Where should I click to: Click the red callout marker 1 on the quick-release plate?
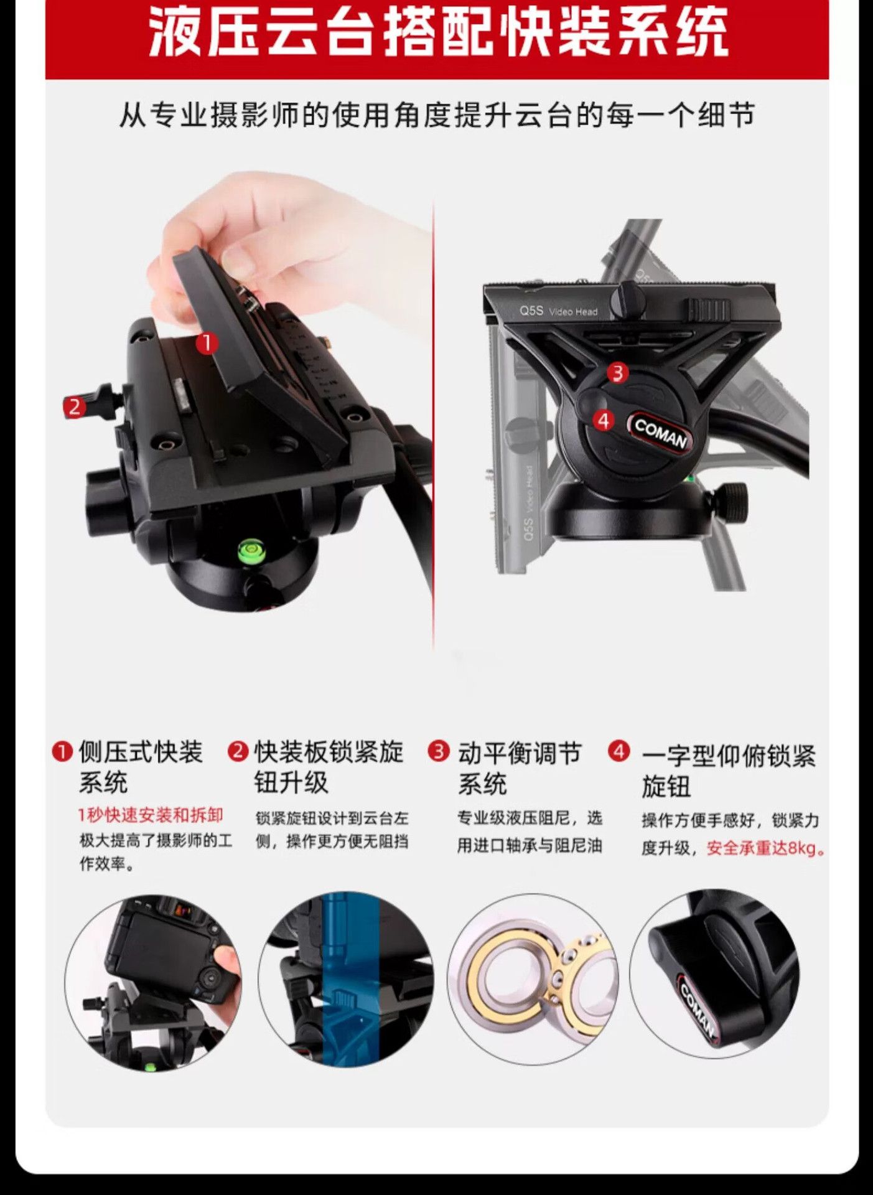pos(207,343)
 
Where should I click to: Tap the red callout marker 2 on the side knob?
pos(75,407)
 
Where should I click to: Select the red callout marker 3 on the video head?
pos(617,373)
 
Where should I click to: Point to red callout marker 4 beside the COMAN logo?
pos(603,421)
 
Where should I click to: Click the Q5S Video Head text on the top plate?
pos(558,311)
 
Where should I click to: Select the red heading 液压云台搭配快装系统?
pos(437,32)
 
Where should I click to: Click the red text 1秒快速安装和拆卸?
pos(150,815)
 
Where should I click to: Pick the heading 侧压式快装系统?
pos(141,767)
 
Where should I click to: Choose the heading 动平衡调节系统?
pos(520,767)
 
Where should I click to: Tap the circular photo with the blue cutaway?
pos(346,982)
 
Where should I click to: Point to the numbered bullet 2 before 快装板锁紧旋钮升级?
pos(238,751)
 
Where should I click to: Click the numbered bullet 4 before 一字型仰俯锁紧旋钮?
pos(619,751)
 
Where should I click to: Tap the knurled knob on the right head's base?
pos(729,499)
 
